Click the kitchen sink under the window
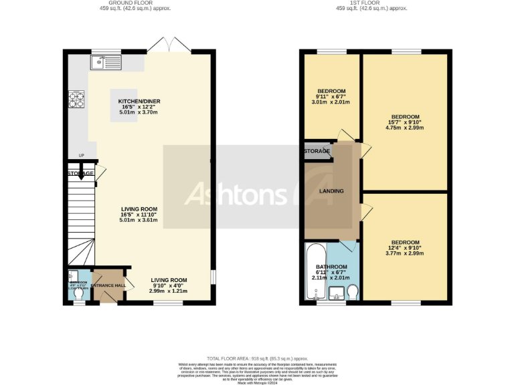click(x=100, y=63)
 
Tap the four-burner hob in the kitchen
click(x=76, y=100)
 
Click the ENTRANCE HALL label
click(x=108, y=285)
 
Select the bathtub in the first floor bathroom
click(x=315, y=273)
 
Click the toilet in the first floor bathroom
click(x=353, y=291)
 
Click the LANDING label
click(x=331, y=191)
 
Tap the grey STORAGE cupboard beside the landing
click(x=317, y=151)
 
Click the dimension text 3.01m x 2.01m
click(x=331, y=103)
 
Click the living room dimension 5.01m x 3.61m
click(x=139, y=220)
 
